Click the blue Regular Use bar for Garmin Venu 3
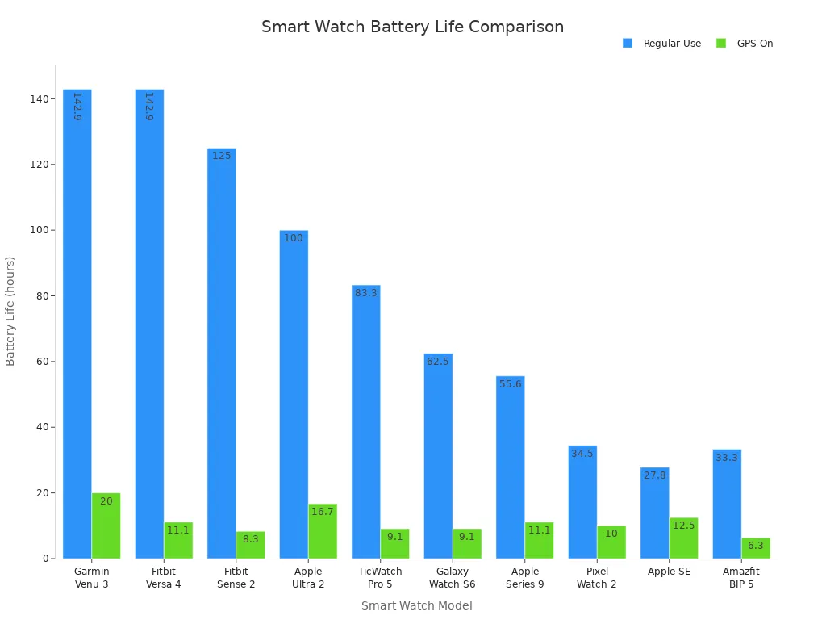pyautogui.click(x=77, y=323)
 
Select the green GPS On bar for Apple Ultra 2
pyautogui.click(x=323, y=531)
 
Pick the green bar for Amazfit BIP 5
pyautogui.click(x=756, y=548)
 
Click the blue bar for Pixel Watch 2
pyautogui.click(x=582, y=501)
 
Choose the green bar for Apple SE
pyautogui.click(x=683, y=538)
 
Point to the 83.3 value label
pyautogui.click(x=366, y=293)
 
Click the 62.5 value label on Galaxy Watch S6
pyautogui.click(x=438, y=362)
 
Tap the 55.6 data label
pyautogui.click(x=511, y=384)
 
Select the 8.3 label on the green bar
pyautogui.click(x=251, y=539)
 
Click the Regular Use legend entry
pyautogui.click(x=662, y=44)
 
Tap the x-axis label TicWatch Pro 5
pyautogui.click(x=380, y=578)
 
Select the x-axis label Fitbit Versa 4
pyautogui.click(x=164, y=578)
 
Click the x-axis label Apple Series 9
pyautogui.click(x=525, y=578)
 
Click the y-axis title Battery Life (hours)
pyautogui.click(x=10, y=311)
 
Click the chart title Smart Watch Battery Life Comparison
pyautogui.click(x=412, y=27)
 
